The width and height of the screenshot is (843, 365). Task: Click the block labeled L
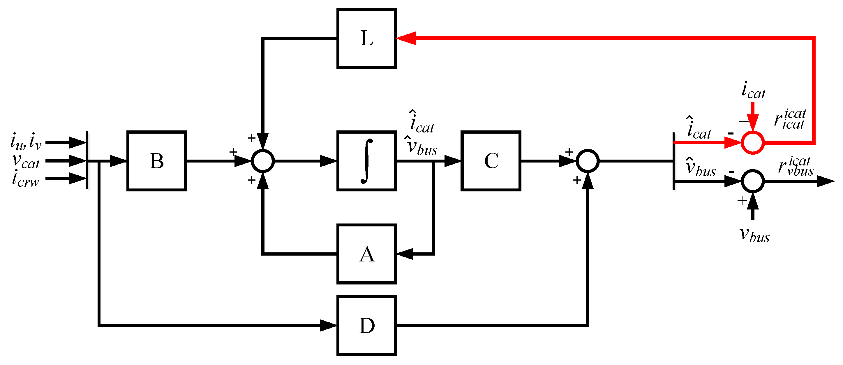(x=366, y=38)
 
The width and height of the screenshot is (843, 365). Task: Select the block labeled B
(x=157, y=160)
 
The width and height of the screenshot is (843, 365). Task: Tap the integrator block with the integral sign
(x=366, y=160)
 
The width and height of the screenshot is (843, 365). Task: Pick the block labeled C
(x=491, y=160)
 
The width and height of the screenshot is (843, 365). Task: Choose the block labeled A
(x=366, y=254)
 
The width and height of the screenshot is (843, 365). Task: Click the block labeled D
(x=366, y=325)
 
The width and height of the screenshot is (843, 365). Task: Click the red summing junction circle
(x=753, y=142)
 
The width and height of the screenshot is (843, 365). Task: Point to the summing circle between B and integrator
(x=263, y=160)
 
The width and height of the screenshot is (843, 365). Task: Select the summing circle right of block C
(x=588, y=160)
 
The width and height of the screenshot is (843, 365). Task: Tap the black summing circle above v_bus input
(x=753, y=181)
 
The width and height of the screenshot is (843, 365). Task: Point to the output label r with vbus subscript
(x=795, y=166)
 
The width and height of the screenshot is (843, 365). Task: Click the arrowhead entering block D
(x=328, y=325)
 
